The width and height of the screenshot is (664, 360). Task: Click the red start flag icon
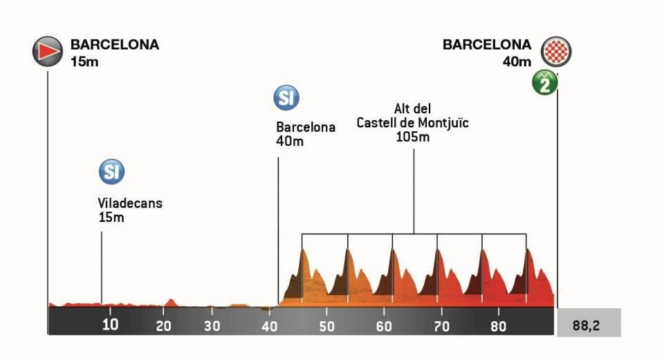pyautogui.click(x=47, y=50)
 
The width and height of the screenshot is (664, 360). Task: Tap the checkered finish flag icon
pyautogui.click(x=557, y=52)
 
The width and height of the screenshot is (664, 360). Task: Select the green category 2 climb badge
pyautogui.click(x=545, y=83)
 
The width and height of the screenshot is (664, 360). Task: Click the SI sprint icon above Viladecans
pyautogui.click(x=111, y=171)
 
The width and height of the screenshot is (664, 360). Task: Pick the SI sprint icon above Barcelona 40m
pyautogui.click(x=286, y=97)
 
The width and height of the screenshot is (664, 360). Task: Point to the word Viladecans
pyautogui.click(x=130, y=204)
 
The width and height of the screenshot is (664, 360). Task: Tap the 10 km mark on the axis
pyautogui.click(x=110, y=323)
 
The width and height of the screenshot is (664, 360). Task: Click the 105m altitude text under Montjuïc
pyautogui.click(x=413, y=137)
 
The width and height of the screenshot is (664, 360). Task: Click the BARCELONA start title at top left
pyautogui.click(x=115, y=45)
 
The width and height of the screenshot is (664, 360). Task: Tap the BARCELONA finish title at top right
pyautogui.click(x=487, y=45)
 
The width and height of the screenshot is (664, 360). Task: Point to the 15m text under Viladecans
pyautogui.click(x=111, y=218)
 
